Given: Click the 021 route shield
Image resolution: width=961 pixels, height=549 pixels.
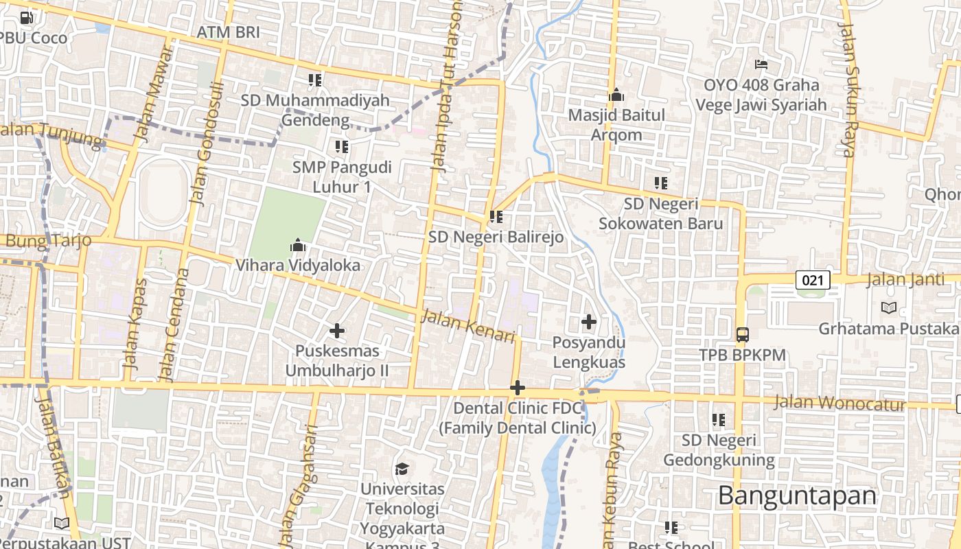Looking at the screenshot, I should [x=813, y=280].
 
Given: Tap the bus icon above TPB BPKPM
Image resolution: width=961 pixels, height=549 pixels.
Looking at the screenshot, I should [x=742, y=335].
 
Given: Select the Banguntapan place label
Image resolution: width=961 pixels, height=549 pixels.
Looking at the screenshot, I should [x=798, y=495].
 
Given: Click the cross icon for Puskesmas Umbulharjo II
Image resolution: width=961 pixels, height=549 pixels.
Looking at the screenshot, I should [x=337, y=331].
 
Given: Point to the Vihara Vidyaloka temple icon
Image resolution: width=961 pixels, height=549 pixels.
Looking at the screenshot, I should [x=297, y=245].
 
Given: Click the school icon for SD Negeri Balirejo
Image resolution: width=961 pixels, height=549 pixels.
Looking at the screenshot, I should [x=496, y=218].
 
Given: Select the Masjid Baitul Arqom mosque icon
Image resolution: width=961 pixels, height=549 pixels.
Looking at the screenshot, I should [x=616, y=95].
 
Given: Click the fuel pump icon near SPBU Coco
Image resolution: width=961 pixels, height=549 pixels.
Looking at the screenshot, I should [x=27, y=18].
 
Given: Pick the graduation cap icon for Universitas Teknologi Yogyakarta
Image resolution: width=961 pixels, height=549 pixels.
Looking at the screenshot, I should [x=402, y=469].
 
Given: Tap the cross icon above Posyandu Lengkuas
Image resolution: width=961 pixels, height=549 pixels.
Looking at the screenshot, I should [x=588, y=321].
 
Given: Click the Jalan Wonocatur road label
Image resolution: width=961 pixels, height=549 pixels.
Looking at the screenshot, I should [x=840, y=404].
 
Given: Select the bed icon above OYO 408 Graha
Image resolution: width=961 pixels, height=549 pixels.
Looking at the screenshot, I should [x=761, y=65].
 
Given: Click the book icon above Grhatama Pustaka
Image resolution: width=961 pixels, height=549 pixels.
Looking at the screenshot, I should [x=889, y=308].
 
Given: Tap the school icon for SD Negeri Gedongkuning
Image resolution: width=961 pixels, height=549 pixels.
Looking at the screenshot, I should [x=719, y=419].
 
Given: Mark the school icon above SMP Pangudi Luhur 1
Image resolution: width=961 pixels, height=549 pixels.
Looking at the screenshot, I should [x=342, y=146].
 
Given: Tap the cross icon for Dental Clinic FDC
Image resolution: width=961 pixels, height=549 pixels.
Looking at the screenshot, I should [x=518, y=388].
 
